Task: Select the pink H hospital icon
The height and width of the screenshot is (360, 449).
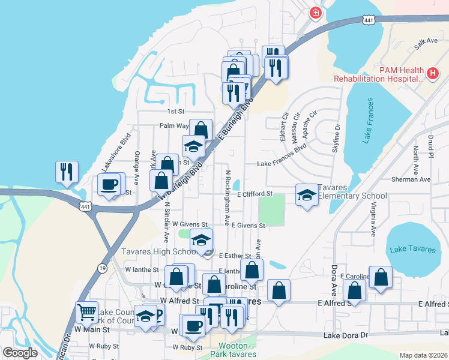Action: (432, 73)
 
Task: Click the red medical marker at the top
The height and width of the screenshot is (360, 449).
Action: (315, 13)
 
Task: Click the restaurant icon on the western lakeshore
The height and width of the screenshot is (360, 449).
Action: (66, 172)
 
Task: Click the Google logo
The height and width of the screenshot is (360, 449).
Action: (20, 353)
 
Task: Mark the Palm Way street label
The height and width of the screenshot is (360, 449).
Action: (174, 126)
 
